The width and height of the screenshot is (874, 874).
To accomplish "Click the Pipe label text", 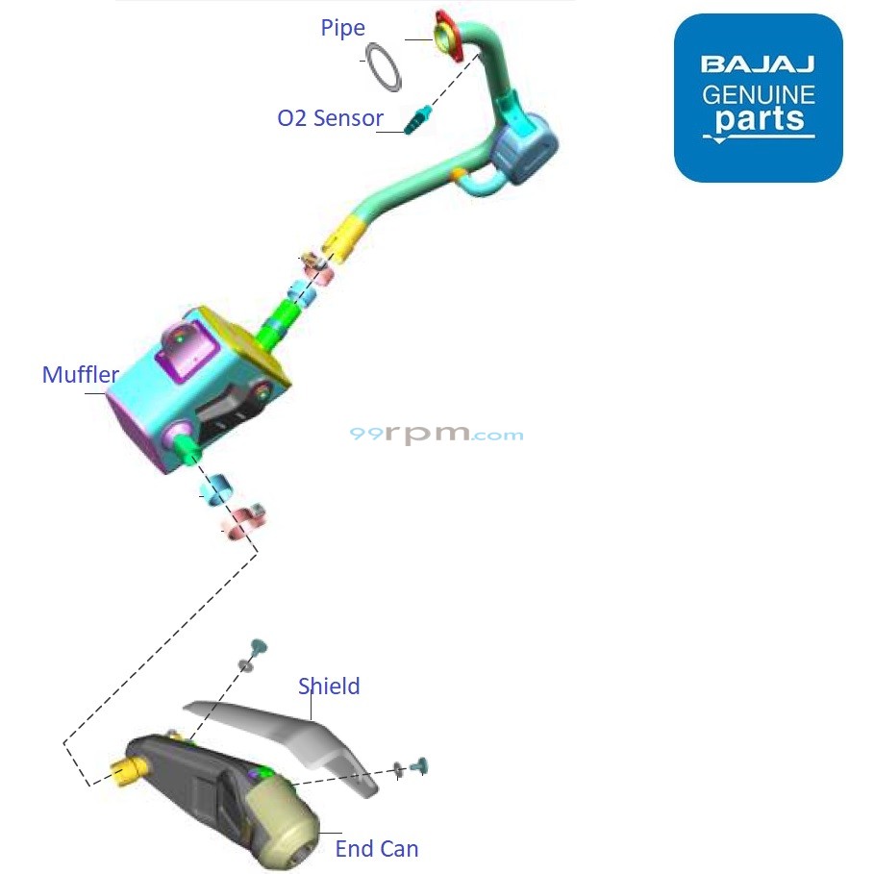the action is pos(343,28).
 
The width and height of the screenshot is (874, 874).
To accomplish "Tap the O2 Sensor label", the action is pos(330,118).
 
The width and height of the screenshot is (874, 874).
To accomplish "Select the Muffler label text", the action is pos(81,375).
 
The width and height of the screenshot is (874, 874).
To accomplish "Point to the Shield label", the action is pos(329,687).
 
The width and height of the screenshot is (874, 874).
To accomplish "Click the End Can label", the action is pos(377,849).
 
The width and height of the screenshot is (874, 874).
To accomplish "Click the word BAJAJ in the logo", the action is pos(758,64).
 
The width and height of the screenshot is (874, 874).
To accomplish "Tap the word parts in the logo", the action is pos(760,118).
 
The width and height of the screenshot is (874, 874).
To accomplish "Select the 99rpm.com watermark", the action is pos(437,433).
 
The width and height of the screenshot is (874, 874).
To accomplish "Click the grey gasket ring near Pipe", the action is pos(384,67).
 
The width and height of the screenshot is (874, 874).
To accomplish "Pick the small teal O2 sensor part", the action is pos(417,118).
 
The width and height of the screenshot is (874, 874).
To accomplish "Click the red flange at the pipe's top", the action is pos(449,37).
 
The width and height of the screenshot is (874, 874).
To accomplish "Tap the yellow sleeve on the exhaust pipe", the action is pos(345,238).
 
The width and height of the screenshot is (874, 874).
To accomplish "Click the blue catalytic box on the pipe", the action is pos(524,149).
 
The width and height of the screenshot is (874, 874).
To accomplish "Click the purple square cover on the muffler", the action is pos(187,349).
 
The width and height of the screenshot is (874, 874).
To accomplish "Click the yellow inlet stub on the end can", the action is pos(127,772).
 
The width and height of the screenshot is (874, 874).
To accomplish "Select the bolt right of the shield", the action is pos(418,766).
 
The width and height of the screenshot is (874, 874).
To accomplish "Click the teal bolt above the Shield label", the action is pos(259,648).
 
